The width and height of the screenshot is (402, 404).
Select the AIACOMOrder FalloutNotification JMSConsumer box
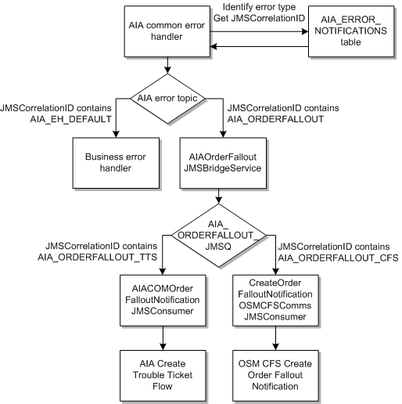pos(164,296)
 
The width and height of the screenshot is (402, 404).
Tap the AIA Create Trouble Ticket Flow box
pos(164,370)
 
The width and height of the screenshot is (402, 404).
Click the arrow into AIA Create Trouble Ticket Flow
pos(164,335)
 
